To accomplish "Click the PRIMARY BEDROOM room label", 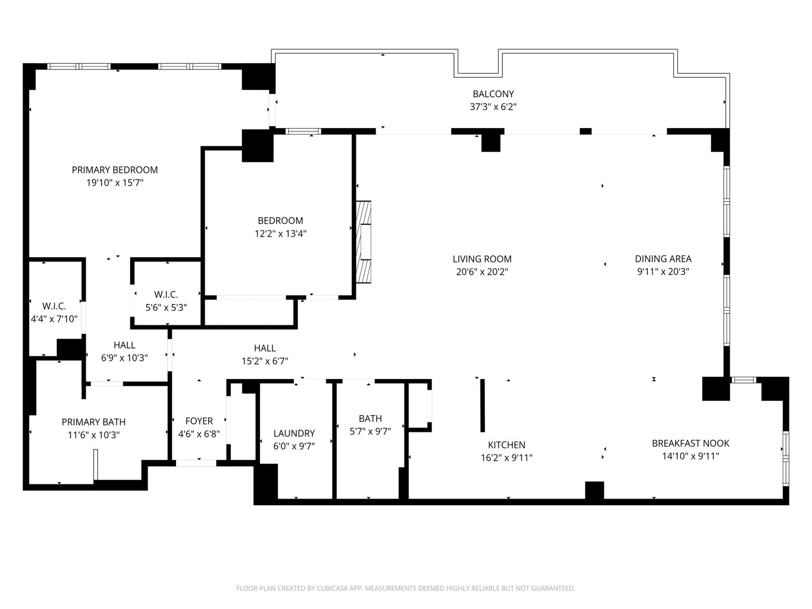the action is (114, 170).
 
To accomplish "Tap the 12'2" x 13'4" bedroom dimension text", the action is (280, 233).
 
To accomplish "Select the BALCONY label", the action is (493, 94).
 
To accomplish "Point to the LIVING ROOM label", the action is (482, 259).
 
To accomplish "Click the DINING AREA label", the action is (663, 259).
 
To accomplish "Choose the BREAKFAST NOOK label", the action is (691, 443).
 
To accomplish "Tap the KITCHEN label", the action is (506, 445).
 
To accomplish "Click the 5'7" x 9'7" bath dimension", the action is (370, 431).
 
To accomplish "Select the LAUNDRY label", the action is (294, 434).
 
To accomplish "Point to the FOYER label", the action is (199, 421).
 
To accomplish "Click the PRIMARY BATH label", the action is (94, 422).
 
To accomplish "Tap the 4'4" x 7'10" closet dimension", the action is (54, 319).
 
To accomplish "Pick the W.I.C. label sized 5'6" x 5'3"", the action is (166, 295).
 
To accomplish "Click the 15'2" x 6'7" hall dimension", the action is (265, 361).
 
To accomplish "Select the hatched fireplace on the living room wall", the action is (363, 242).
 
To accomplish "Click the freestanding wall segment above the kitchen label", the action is (482, 405).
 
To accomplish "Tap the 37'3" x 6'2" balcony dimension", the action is (493, 107).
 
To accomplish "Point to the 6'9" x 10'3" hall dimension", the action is (124, 358).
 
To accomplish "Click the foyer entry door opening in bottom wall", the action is (196, 463).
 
